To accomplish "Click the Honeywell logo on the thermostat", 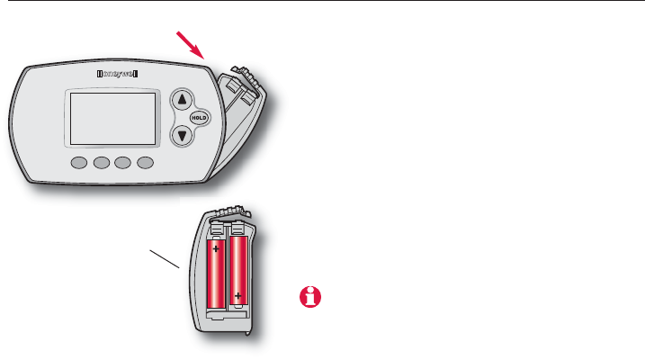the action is coord(121,75).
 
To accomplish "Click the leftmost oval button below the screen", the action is coord(77,164).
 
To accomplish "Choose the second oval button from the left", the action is coord(100,164).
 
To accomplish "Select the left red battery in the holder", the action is coord(218,274).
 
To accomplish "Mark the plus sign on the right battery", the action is coord(238,294).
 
